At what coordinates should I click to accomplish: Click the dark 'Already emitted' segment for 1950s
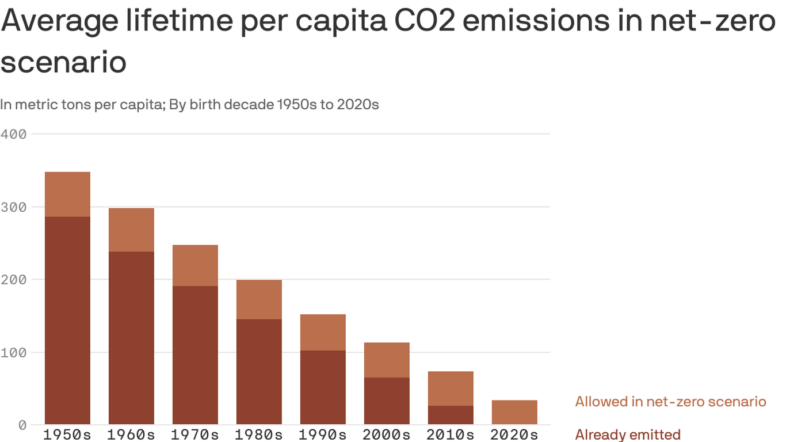pyautogui.click(x=67, y=320)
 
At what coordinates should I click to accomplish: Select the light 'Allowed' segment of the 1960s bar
pyautogui.click(x=131, y=230)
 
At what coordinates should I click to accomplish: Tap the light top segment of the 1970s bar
pyautogui.click(x=195, y=265)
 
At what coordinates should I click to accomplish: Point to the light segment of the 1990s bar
pyautogui.click(x=323, y=332)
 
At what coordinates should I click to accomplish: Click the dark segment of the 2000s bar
pyautogui.click(x=387, y=401)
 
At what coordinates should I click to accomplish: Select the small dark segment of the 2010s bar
pyautogui.click(x=451, y=415)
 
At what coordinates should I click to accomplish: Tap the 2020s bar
pyautogui.click(x=514, y=412)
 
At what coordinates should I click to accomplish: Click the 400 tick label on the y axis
pyautogui.click(x=13, y=134)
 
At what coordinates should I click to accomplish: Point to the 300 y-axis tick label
pyautogui.click(x=13, y=207)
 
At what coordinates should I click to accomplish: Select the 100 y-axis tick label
pyautogui.click(x=13, y=352)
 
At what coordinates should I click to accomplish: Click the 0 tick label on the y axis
pyautogui.click(x=22, y=425)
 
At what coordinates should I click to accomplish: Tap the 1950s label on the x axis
pyautogui.click(x=67, y=435)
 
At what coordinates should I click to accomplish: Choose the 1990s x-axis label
pyautogui.click(x=323, y=435)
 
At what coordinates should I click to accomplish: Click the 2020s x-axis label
pyautogui.click(x=514, y=435)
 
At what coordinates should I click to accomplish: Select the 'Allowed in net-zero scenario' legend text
pyautogui.click(x=670, y=401)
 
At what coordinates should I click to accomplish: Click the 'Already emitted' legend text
pyautogui.click(x=628, y=435)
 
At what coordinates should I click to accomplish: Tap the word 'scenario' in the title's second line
pyautogui.click(x=63, y=62)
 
